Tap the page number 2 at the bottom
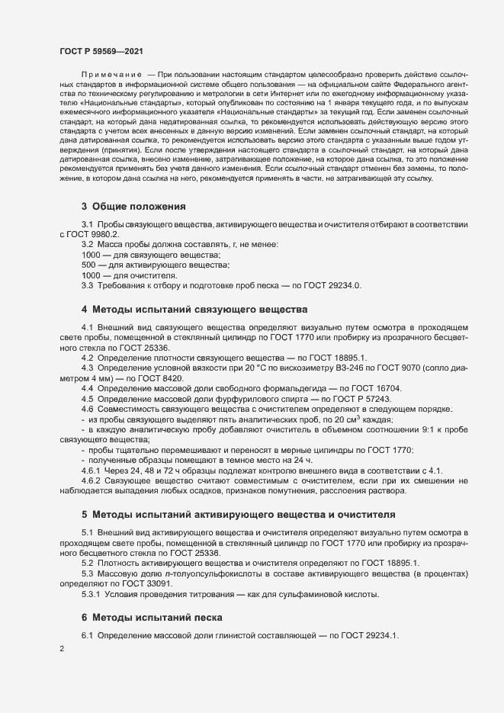pos(61,650)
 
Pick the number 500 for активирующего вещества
pos(90,265)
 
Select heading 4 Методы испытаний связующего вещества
pos(194,310)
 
